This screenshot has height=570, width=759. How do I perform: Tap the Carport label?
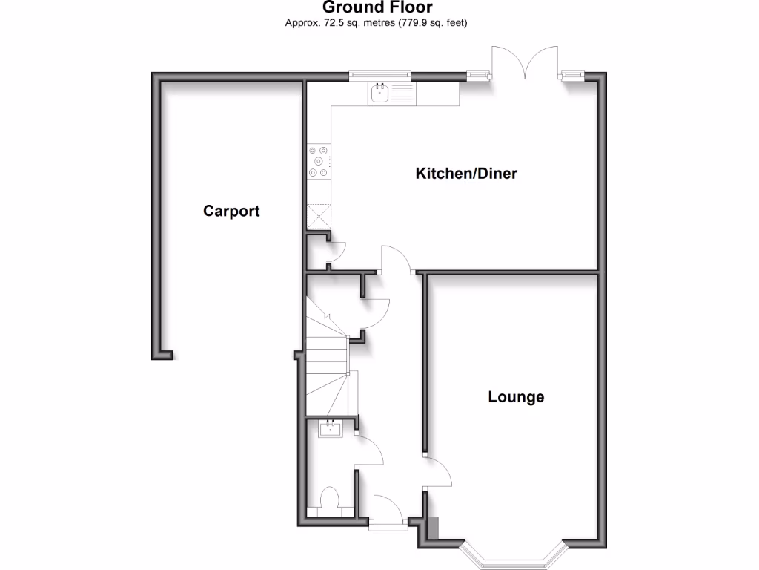[x=231, y=212]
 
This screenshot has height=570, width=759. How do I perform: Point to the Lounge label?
[x=516, y=397]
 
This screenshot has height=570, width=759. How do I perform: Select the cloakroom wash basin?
[x=329, y=428]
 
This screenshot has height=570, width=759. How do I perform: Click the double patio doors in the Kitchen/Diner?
[x=526, y=63]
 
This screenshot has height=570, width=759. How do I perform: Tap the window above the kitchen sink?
[x=380, y=73]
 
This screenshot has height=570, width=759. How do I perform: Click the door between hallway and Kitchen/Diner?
[x=396, y=260]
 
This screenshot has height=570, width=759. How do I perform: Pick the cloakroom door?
[x=369, y=450]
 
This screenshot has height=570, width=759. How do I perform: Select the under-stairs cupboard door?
[x=377, y=315]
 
